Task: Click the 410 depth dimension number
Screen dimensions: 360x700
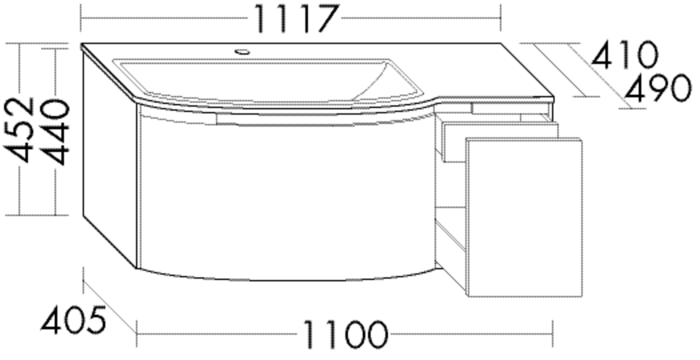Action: pos(624,56)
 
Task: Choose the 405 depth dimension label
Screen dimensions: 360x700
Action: pos(73,321)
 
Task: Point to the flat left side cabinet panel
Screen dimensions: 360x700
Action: pos(109,160)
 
